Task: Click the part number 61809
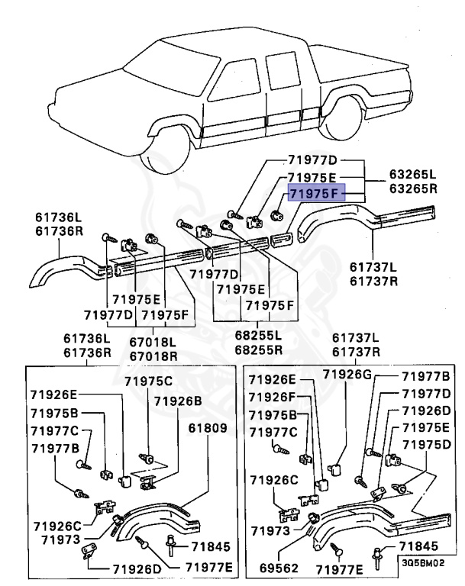point(208,429)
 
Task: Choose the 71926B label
point(178,400)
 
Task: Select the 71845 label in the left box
point(208,547)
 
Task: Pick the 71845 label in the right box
point(418,547)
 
